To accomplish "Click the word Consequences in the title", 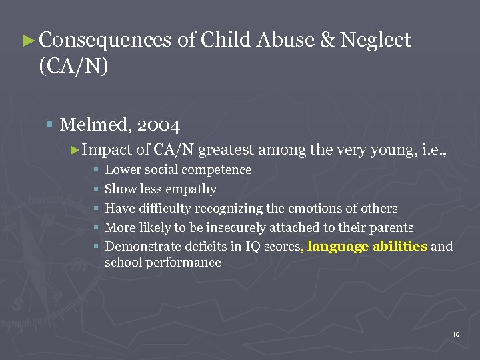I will coord(105,40).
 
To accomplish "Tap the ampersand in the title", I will coord(327,40).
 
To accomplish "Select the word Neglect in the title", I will coord(376,40).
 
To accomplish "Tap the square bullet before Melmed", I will coord(51,124).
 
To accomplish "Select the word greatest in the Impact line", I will coord(227,151).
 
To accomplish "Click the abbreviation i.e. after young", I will coord(433,151).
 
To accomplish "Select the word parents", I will coord(390,228).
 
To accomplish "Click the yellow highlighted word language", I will coord(338,247).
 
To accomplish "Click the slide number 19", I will coord(456,334).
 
